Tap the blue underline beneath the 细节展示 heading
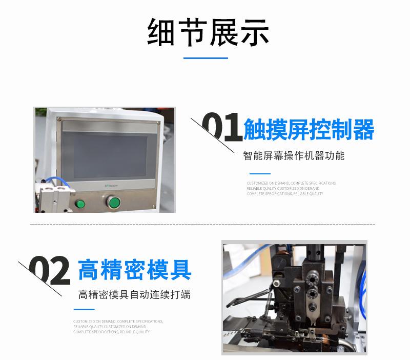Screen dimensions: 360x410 coord(206,58)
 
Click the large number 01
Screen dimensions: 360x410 coord(221,128)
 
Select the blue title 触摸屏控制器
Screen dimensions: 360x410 coord(309,129)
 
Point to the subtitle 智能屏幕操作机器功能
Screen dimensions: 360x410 coord(294,155)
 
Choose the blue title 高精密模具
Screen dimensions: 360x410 coord(135,270)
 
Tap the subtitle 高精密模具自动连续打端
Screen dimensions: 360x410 coord(134,295)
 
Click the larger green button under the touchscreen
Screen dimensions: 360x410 coord(114,203)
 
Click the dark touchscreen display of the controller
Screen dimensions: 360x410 coord(107,153)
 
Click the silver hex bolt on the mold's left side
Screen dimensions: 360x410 coord(277,284)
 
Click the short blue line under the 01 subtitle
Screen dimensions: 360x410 coord(259,174)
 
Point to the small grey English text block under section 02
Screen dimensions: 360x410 coord(118,327)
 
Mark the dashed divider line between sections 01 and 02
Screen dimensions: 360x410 coord(202,225)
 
